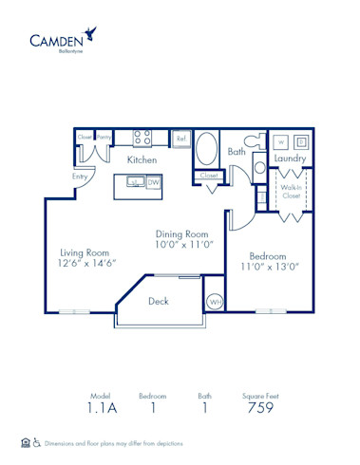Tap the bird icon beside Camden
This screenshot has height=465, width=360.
(90, 34)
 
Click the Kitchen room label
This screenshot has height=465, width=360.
(142, 160)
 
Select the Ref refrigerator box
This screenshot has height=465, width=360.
(181, 139)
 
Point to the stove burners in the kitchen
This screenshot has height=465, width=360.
(142, 139)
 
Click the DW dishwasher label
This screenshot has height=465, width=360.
(153, 182)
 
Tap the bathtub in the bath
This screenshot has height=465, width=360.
(206, 150)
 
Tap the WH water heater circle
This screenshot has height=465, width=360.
(217, 302)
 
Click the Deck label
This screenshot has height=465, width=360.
(160, 302)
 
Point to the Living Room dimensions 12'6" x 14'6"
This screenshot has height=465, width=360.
(87, 263)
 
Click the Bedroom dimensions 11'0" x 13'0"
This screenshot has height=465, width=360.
(275, 267)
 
